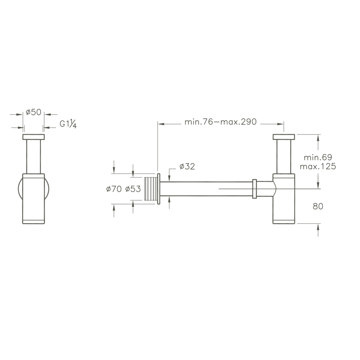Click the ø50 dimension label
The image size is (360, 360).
pyautogui.click(x=33, y=112)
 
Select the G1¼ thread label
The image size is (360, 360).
pyautogui.click(x=68, y=124)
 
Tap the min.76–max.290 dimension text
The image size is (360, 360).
pyautogui.click(x=220, y=122)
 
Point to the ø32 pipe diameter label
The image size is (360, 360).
pyautogui.click(x=187, y=166)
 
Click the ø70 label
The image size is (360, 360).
pyautogui.click(x=114, y=189)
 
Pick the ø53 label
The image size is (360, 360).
pyautogui.click(x=133, y=189)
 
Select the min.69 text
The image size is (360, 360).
pyautogui.click(x=318, y=157)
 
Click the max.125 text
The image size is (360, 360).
pyautogui.click(x=318, y=166)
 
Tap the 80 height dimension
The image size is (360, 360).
pyautogui.click(x=318, y=206)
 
